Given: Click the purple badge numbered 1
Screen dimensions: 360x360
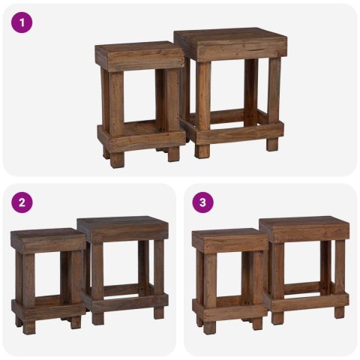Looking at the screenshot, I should pyautogui.click(x=22, y=22).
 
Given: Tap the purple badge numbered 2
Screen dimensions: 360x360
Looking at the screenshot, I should pyautogui.click(x=22, y=202).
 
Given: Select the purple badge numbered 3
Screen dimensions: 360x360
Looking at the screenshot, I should pyautogui.click(x=202, y=202).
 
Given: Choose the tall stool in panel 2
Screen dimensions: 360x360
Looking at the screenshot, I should pyautogui.click(x=124, y=266).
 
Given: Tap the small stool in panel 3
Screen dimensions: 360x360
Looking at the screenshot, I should pyautogui.click(x=229, y=277).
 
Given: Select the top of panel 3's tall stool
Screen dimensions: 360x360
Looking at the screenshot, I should pyautogui.click(x=304, y=227).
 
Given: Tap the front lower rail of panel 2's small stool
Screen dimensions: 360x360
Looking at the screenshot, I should pyautogui.click(x=46, y=308).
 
